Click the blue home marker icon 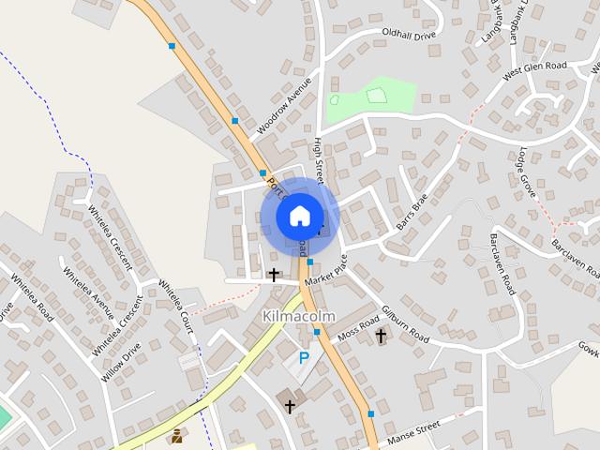(x=299, y=216)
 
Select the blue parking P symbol (x=303, y=357)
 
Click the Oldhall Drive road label (x=409, y=34)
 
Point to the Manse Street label (x=415, y=432)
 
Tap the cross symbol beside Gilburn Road (x=381, y=335)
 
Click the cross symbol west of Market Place (x=274, y=275)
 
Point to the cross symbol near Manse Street (x=290, y=406)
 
